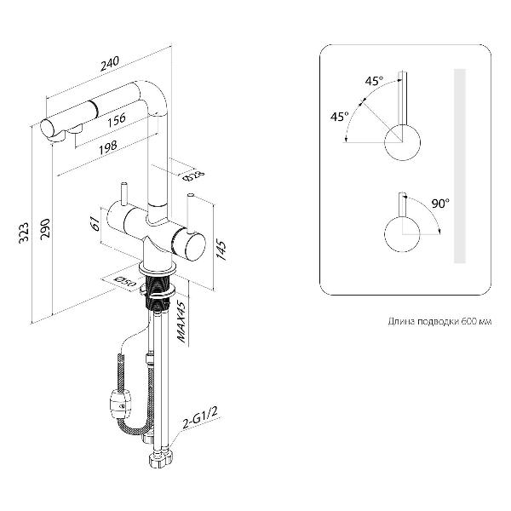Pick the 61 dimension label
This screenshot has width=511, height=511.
tap(96, 224)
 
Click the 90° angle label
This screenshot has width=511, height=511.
tap(440, 203)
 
